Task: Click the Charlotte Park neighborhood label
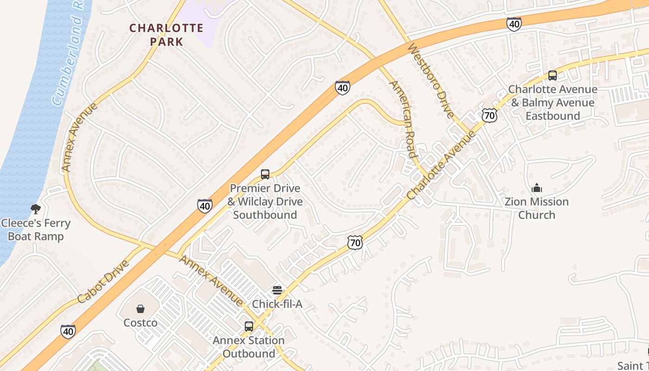(166, 35)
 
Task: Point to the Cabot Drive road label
(103, 281)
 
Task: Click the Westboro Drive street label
(430, 82)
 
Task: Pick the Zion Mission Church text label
(536, 208)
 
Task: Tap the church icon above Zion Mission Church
(537, 188)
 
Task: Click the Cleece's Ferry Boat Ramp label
(36, 230)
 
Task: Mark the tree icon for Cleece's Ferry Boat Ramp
(35, 209)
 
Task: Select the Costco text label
(140, 322)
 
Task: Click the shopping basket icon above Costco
(140, 308)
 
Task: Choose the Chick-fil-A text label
(277, 304)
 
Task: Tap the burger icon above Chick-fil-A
(277, 290)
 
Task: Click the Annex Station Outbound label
(248, 347)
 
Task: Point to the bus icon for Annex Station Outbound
(249, 326)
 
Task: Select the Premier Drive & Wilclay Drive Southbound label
(265, 201)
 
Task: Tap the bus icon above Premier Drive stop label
(265, 174)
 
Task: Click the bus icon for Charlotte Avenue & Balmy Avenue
(552, 75)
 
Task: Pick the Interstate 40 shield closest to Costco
(68, 331)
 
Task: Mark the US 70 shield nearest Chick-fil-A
(355, 242)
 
